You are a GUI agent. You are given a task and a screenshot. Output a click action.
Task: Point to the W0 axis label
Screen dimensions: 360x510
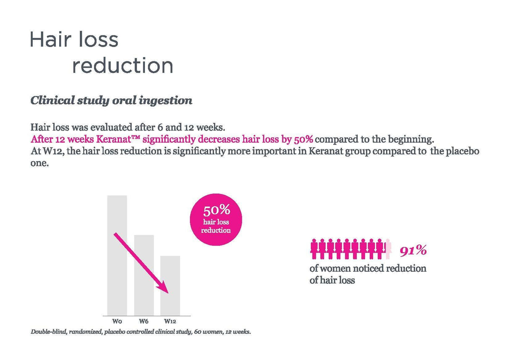click(117, 321)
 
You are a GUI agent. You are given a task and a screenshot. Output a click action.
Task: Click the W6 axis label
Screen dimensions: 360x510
click(144, 321)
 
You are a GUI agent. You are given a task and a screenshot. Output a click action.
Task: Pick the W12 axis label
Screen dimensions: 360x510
click(170, 321)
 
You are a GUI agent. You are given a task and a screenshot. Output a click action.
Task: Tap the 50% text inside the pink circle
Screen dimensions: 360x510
click(216, 210)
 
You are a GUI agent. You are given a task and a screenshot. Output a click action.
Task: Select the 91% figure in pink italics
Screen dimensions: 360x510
click(413, 251)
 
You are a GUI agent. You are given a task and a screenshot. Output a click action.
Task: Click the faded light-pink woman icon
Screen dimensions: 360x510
click(389, 249)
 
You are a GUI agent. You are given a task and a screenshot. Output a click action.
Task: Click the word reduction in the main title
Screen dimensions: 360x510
click(122, 66)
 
